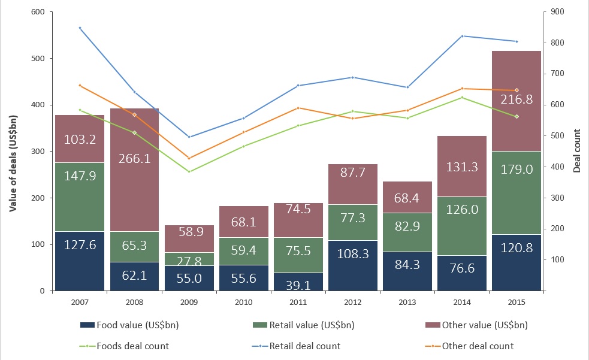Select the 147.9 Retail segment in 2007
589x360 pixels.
click(x=80, y=197)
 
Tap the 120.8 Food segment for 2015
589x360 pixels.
click(x=516, y=262)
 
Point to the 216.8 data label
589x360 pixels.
click(x=516, y=99)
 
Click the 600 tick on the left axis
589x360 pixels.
click(x=40, y=11)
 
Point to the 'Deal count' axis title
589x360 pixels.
click(x=576, y=151)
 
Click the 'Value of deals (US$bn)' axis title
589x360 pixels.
click(x=13, y=151)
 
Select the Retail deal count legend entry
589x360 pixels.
click(x=300, y=346)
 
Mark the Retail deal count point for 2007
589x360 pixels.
click(x=80, y=28)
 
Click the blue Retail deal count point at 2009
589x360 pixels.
click(x=189, y=137)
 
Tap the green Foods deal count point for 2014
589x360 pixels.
click(x=462, y=97)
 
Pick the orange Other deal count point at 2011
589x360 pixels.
click(x=298, y=108)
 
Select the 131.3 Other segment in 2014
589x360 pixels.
click(x=462, y=166)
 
